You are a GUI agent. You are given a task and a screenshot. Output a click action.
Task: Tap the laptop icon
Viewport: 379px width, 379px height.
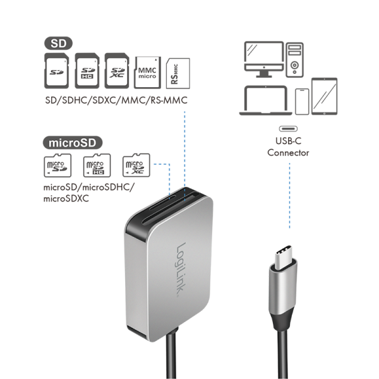pos(265,101)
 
